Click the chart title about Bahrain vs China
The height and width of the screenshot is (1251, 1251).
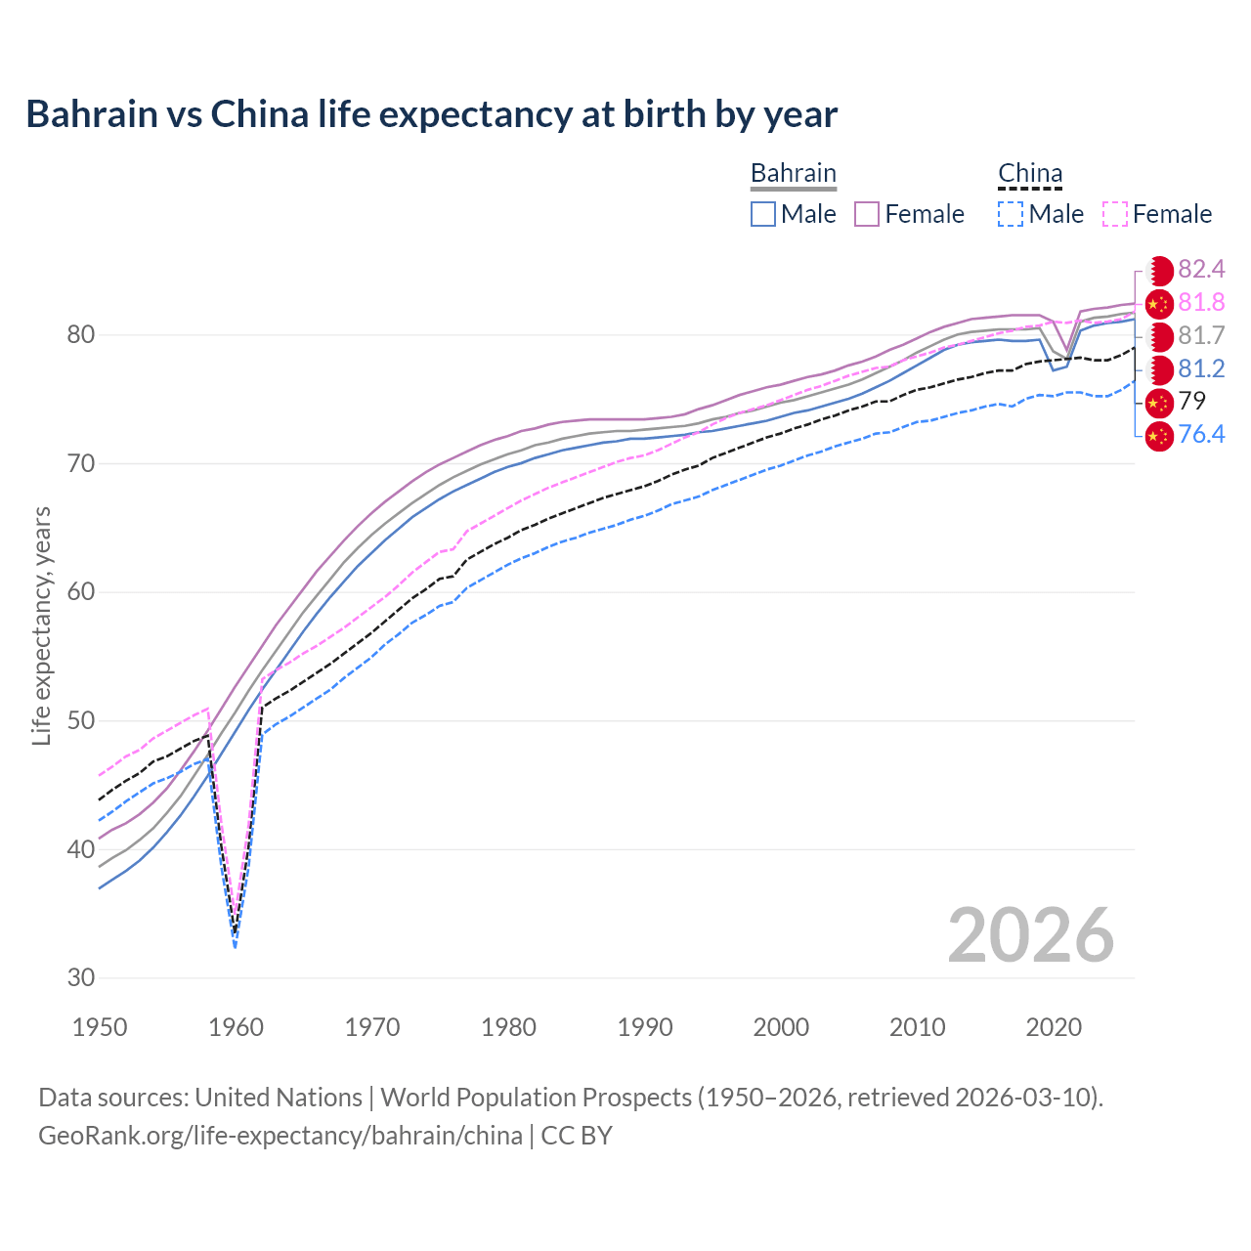pos(431,114)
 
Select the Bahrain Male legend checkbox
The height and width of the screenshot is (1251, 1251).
pos(763,214)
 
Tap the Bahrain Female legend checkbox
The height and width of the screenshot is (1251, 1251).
pos(867,214)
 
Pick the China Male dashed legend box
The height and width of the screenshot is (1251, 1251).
pos(1011,214)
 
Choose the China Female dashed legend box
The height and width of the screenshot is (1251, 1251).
pos(1115,214)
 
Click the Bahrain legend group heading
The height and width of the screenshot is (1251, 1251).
pos(793,174)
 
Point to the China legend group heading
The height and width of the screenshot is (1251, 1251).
pos(1030,174)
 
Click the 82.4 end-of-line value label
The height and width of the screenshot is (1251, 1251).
pos(1201,270)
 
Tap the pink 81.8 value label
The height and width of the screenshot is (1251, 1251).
pos(1201,303)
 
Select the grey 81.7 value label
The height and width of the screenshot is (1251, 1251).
pos(1201,336)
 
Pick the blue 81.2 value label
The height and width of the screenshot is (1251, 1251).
pos(1201,368)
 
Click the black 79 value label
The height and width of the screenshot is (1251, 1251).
pos(1192,401)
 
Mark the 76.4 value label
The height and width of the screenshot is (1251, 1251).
pos(1201,434)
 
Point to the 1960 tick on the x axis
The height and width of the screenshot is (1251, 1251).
pos(237,1027)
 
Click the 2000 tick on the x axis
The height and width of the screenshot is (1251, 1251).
pos(781,1027)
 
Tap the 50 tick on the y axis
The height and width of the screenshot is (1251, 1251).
pos(81,721)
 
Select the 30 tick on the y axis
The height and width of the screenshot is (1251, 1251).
pos(81,977)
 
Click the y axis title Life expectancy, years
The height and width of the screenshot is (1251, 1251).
pos(41,625)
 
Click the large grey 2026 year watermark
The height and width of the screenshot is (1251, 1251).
pos(1030,935)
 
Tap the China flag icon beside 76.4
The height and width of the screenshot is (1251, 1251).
pos(1158,435)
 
